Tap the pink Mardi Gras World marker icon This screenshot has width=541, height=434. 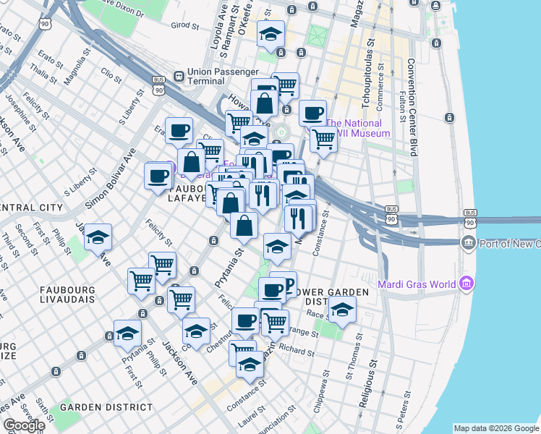coord(467,281)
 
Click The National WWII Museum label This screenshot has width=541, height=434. coord(357,128)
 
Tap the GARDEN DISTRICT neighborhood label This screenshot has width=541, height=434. coord(106,407)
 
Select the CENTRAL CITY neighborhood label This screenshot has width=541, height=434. coord(31,208)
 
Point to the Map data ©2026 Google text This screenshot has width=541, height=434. coord(496,428)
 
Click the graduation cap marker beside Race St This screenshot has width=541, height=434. coord(342,311)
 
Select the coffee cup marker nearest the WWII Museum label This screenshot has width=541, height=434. coord(312,114)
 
